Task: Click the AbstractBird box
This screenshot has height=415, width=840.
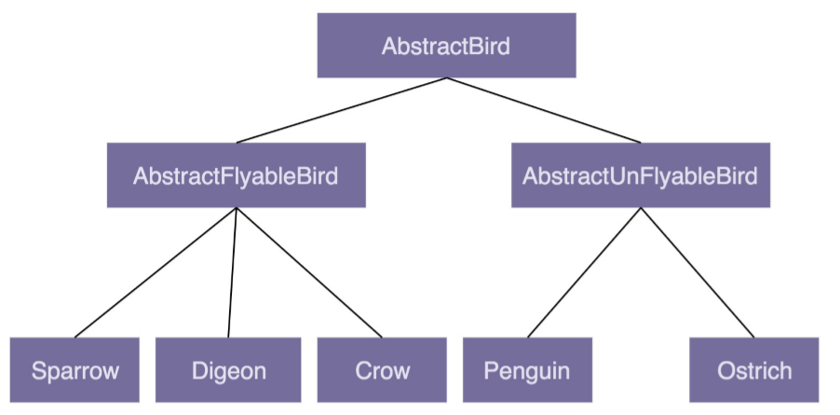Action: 446,46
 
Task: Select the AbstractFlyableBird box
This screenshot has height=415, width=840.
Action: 236,174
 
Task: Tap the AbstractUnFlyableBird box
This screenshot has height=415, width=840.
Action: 640,174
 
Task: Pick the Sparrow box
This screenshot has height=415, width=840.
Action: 75,370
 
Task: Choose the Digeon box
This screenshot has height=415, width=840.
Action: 228,370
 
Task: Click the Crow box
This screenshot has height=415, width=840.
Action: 382,370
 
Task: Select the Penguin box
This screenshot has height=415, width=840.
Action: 526,370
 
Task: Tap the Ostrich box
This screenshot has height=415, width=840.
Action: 754,370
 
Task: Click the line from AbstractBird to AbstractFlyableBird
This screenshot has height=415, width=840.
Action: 341,110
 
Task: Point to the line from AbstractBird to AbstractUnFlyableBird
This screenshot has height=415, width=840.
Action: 543,110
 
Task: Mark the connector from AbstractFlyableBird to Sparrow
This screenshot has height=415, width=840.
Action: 156,271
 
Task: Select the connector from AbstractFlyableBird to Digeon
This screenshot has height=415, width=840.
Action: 232,271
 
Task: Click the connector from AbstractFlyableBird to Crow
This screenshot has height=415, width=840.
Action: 308,271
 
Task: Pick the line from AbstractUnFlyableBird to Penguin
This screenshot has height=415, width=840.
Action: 583,271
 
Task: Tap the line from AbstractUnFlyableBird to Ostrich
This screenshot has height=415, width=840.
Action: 697,271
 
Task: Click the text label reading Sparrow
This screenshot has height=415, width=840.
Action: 75,370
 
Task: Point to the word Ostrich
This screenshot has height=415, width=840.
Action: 754,370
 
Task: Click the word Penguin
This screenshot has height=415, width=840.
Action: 526,370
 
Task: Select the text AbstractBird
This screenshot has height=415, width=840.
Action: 446,46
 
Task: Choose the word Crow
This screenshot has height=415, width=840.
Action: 382,370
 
